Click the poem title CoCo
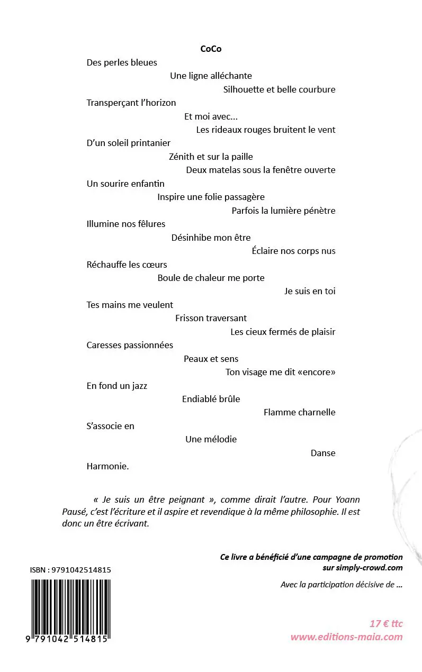coord(211,49)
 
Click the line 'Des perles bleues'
coord(122,62)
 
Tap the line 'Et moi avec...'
coord(211,116)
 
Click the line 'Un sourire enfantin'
coord(125,184)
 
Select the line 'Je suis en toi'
coord(310,291)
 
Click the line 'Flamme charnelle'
coord(299,412)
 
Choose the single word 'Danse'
coord(323,453)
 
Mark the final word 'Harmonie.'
coord(108,467)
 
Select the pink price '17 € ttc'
coord(386,624)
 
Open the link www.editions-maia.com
coord(346,637)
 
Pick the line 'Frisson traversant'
coord(211,318)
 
